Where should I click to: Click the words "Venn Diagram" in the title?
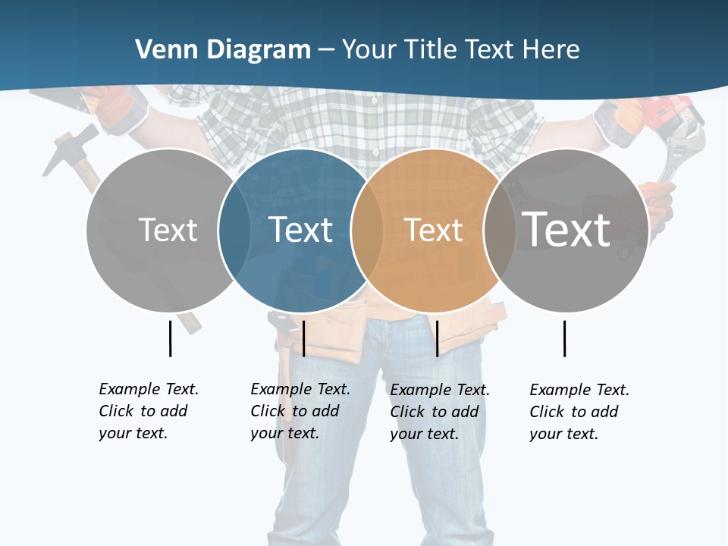(223, 50)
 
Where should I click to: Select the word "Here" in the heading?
(551, 50)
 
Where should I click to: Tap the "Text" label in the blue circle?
(300, 230)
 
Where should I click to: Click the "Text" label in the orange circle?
(433, 230)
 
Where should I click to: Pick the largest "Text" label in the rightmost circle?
(566, 229)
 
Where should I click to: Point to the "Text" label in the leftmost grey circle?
(168, 230)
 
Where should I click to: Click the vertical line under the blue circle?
(303, 338)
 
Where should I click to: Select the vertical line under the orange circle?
(437, 338)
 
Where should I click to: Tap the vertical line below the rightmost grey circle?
(565, 338)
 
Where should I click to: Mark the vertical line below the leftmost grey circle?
(170, 338)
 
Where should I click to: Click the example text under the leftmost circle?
(149, 411)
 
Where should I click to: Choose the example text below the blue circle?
(300, 411)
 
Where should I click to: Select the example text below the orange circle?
(440, 412)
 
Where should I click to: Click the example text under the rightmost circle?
(579, 412)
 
